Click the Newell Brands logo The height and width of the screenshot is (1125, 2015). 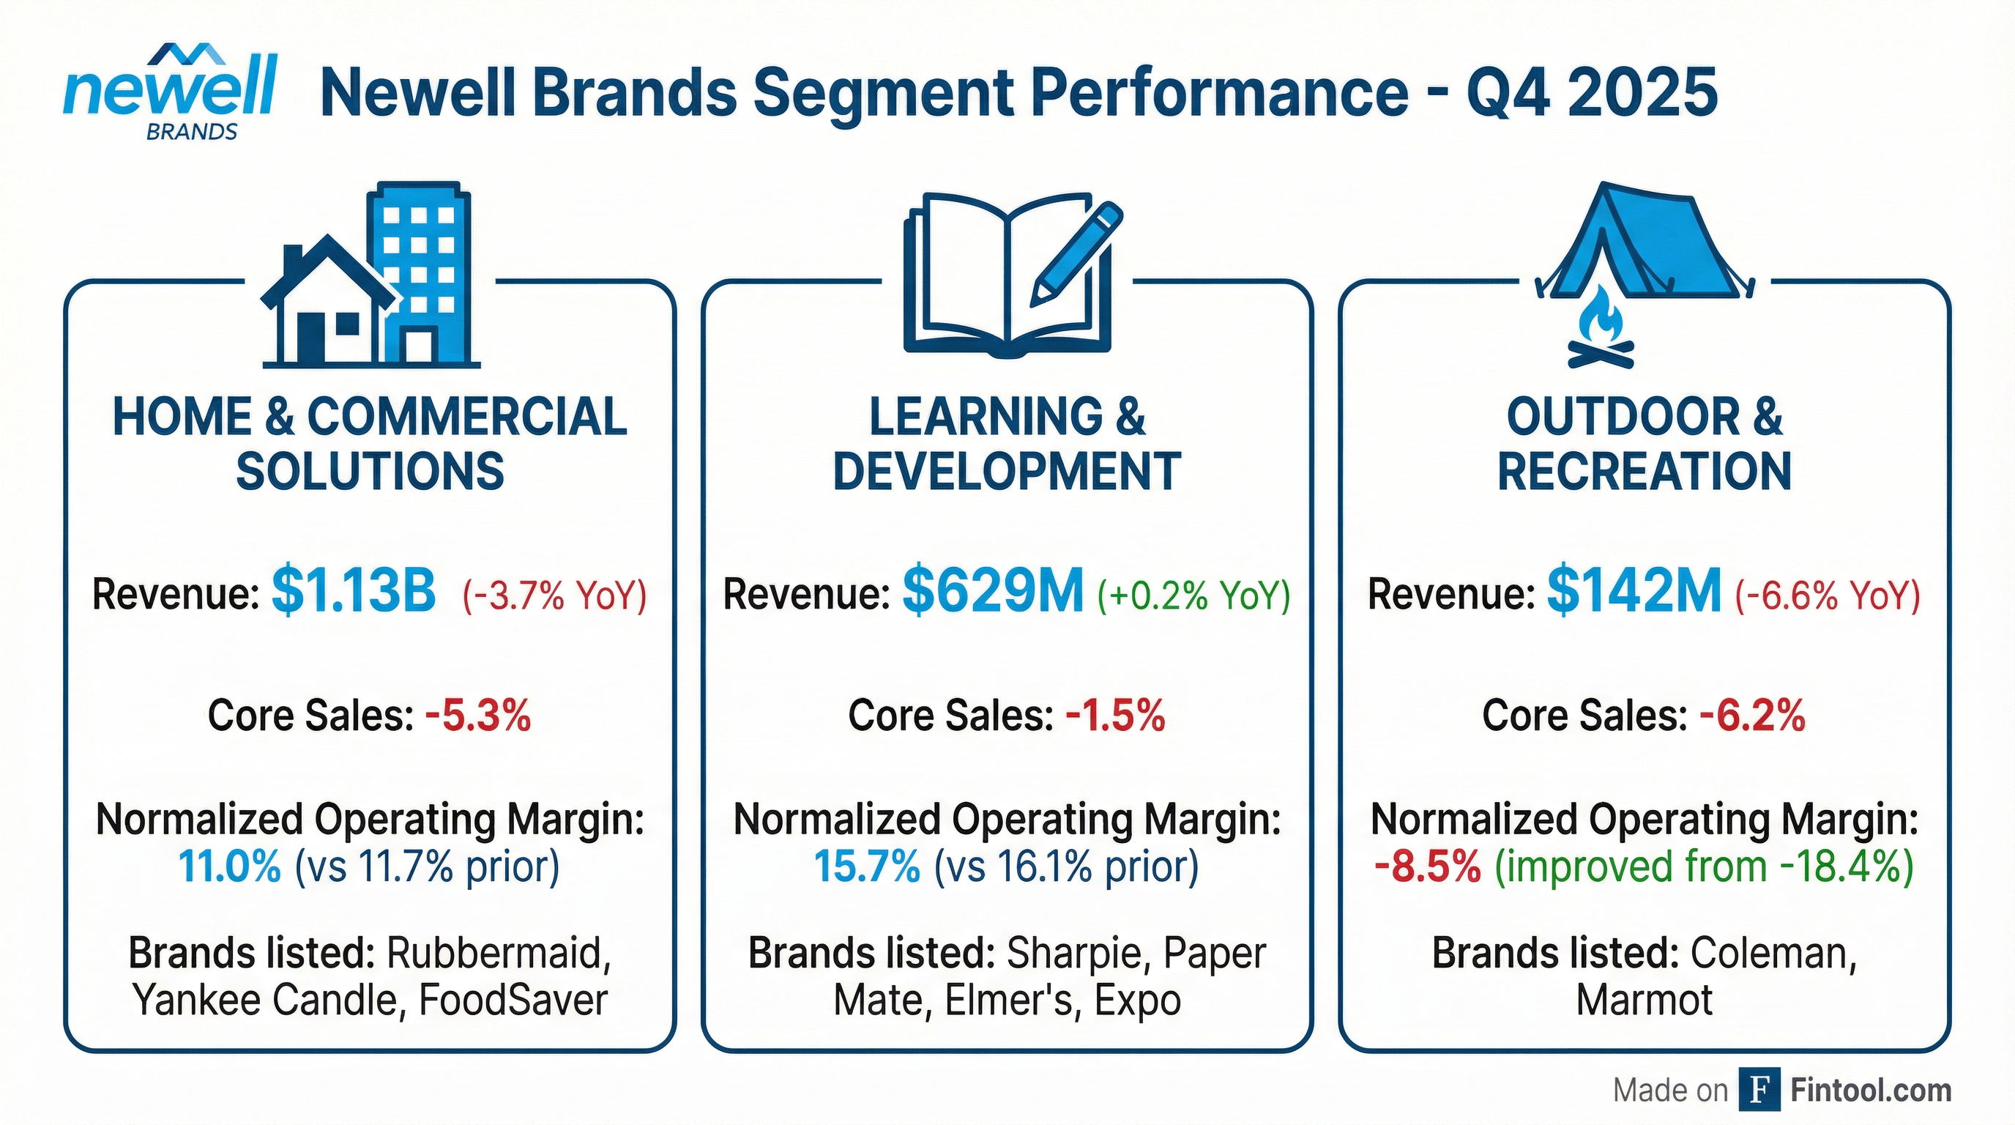(170, 92)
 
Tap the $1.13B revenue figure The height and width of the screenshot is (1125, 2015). (354, 592)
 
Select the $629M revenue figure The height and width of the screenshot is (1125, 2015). (993, 592)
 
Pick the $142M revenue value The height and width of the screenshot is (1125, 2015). (1634, 592)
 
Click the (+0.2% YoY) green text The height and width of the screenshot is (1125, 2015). (1193, 595)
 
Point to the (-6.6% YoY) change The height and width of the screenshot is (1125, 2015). (1828, 595)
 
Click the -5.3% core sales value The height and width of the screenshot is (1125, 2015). (478, 715)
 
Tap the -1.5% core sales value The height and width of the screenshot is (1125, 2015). (1115, 715)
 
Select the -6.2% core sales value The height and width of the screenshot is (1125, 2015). (1752, 715)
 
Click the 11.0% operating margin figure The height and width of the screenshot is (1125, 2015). (229, 867)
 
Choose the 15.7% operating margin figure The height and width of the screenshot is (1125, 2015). (867, 867)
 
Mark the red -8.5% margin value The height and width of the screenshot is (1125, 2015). (1427, 867)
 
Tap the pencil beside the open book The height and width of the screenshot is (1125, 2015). (1076, 253)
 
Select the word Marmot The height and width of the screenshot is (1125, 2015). (1645, 1000)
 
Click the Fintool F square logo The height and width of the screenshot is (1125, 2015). (1759, 1090)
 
